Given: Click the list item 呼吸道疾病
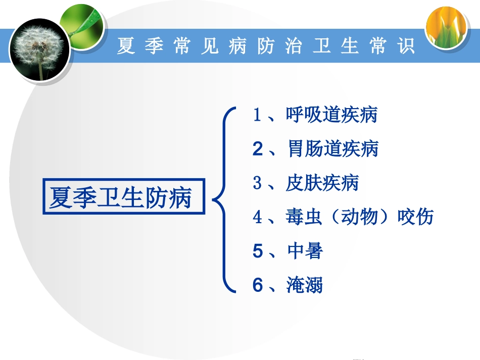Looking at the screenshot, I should tap(331, 115).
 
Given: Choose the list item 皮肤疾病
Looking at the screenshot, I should tap(322, 182).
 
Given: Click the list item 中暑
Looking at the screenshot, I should tap(305, 251).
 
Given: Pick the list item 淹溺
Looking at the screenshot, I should tap(305, 285).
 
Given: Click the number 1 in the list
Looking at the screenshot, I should tap(257, 115).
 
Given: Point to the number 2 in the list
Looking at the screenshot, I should tap(258, 149).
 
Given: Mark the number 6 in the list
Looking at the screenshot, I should tap(258, 285).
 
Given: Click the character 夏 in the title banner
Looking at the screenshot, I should tap(126, 46).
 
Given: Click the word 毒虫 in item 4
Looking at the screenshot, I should tap(304, 217).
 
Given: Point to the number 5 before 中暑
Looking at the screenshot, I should tap(258, 251).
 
